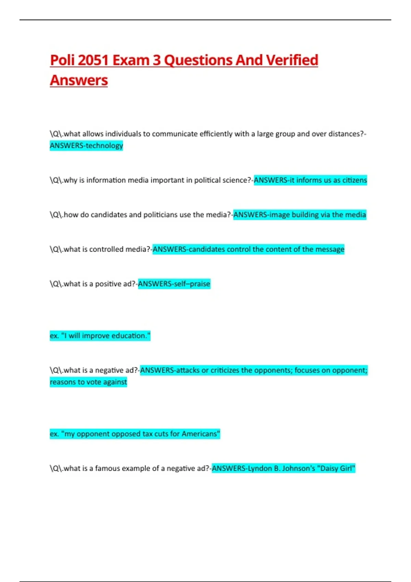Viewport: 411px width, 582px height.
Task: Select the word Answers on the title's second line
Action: tap(79, 80)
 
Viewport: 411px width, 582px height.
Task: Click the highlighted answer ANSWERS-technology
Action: tap(86, 145)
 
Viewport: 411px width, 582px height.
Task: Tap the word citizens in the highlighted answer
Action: tap(354, 180)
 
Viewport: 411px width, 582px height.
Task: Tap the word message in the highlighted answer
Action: tap(329, 249)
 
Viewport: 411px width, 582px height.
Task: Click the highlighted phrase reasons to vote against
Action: tap(88, 382)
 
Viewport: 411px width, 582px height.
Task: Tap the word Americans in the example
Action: tap(200, 434)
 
